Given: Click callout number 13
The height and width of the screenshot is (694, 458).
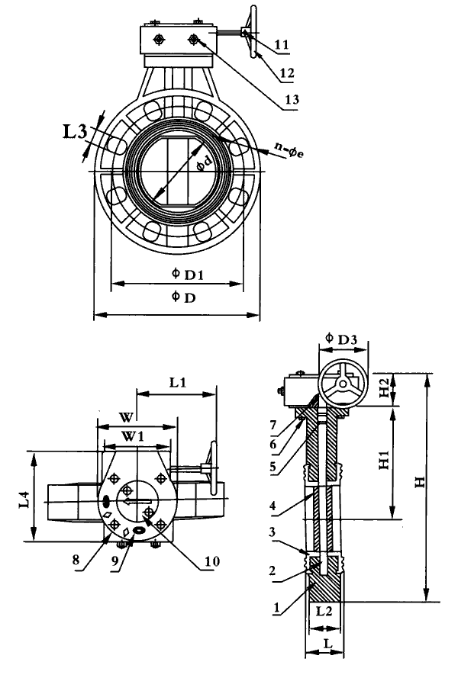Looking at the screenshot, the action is pyautogui.click(x=292, y=100).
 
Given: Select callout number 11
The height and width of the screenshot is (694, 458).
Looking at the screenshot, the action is pyautogui.click(x=282, y=45).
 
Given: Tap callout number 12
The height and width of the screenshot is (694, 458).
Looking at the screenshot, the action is pyautogui.click(x=287, y=72).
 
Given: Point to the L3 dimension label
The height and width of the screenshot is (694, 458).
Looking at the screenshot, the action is pyautogui.click(x=74, y=131).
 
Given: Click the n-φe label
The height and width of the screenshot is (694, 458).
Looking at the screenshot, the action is pyautogui.click(x=289, y=150).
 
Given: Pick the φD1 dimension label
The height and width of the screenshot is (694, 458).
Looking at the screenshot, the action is pyautogui.click(x=188, y=274).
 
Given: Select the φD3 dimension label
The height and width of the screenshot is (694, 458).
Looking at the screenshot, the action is pyautogui.click(x=341, y=339).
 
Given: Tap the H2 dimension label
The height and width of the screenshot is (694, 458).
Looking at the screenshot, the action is pyautogui.click(x=384, y=387).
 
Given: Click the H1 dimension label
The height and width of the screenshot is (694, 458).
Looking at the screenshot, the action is pyautogui.click(x=384, y=461).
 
